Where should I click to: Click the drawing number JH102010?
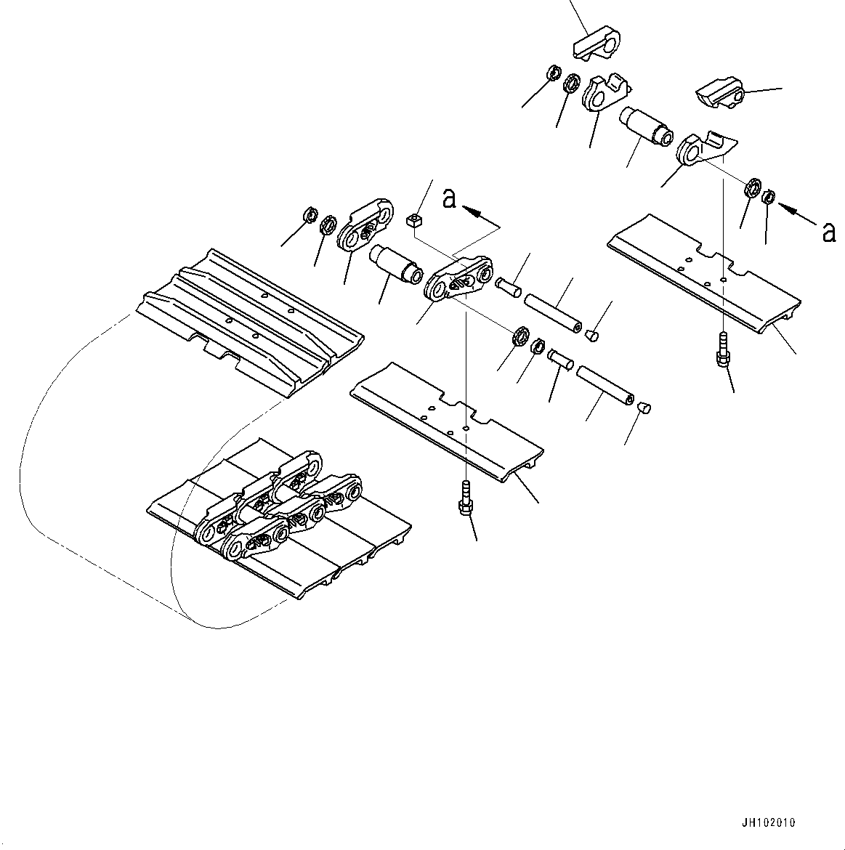point(769,823)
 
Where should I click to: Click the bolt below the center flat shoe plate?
point(466,498)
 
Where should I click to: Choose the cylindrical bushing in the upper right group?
point(647,126)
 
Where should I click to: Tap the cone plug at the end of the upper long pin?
point(592,336)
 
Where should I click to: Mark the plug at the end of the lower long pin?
point(643,407)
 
